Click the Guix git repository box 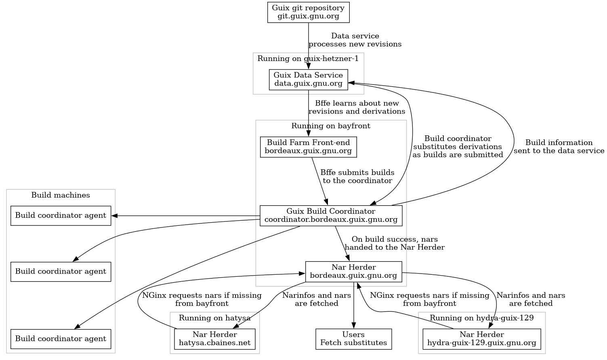[308, 12]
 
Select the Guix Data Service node [308, 80]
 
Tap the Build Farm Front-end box [308, 147]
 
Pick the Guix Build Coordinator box [331, 216]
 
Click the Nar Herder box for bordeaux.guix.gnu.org [353, 272]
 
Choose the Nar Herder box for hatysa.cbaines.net [214, 339]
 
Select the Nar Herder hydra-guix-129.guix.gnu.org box [481, 339]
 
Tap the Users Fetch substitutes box [353, 339]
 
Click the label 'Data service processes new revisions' [355, 40]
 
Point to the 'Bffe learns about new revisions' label [357, 107]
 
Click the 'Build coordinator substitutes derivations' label [458, 147]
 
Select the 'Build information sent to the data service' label [559, 147]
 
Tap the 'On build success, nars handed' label [395, 243]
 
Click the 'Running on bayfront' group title [331, 126]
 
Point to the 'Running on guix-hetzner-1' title [308, 59]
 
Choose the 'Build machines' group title [61, 195]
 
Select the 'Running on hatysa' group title [214, 318]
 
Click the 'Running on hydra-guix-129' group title [481, 318]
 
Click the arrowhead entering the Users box [354, 326]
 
